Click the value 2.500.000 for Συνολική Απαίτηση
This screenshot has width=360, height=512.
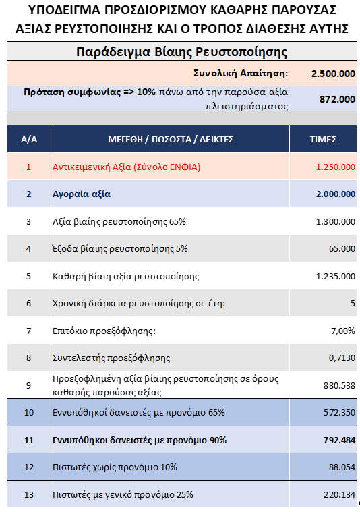(333, 73)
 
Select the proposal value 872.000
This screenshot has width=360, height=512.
(337, 99)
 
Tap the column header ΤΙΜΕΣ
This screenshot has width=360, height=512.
(323, 139)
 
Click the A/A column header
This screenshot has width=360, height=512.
(29, 139)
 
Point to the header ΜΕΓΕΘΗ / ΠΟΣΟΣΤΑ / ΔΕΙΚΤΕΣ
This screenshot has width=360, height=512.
(171, 139)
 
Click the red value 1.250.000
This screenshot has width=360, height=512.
(335, 167)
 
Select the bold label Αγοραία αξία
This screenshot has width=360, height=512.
(82, 194)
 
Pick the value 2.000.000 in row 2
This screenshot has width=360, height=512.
(335, 194)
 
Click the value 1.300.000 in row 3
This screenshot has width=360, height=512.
(335, 221)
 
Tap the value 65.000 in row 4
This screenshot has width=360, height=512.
(342, 248)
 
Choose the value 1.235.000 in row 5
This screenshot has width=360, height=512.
(335, 276)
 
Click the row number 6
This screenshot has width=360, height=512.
(28, 303)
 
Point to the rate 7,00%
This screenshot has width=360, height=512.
(342, 331)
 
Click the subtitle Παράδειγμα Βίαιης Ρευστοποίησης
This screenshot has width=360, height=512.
(181, 52)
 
